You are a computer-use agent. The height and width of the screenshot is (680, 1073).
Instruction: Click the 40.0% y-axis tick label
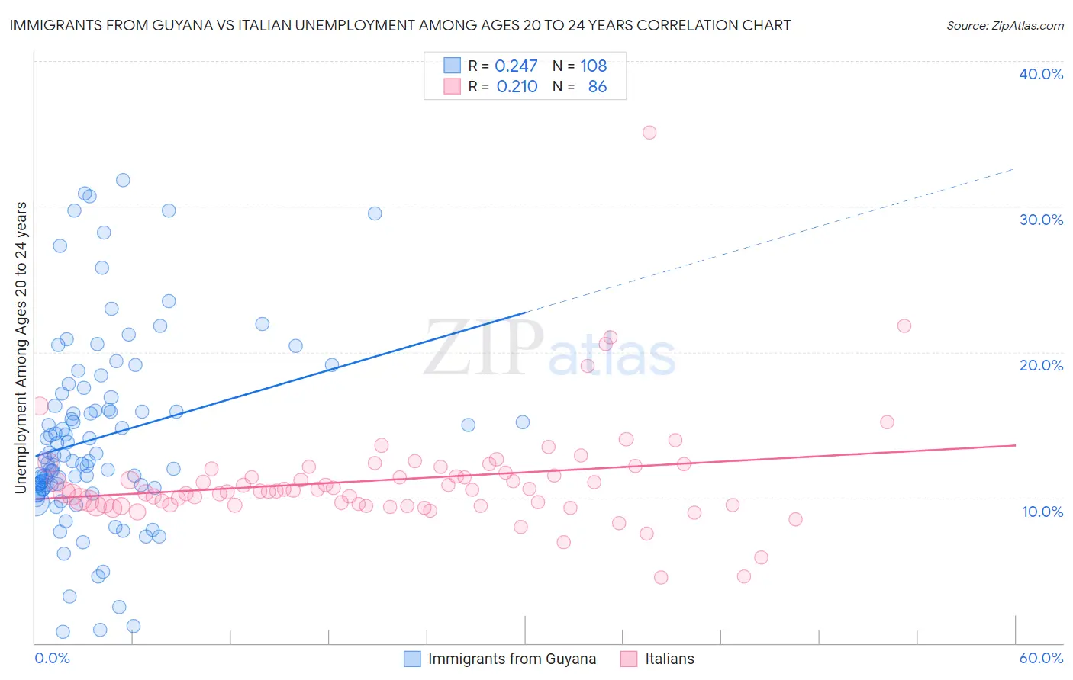coord(1041,74)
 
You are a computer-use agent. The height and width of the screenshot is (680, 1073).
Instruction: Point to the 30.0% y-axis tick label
coord(1041,220)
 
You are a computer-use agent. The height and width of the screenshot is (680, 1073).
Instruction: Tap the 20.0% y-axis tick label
coord(1041,365)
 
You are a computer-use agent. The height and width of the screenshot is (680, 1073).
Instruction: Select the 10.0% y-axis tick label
coord(1042,511)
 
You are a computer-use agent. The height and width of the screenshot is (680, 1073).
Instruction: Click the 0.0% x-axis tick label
coord(52,658)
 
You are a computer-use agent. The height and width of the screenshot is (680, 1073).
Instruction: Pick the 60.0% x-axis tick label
coord(1041,658)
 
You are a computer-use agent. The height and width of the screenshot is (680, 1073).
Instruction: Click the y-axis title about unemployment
coord(21,348)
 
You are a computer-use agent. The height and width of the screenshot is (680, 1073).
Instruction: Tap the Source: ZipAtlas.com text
coord(1004,25)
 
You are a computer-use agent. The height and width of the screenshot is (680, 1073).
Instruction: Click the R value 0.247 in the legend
coord(516,66)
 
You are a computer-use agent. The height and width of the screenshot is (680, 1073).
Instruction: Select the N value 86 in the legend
coord(598,86)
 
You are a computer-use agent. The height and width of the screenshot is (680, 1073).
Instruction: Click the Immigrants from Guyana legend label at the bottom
coord(511,659)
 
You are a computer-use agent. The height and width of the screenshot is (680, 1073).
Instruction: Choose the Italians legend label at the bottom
coord(669,659)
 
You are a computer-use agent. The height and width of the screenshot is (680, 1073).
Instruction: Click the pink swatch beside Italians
coord(629,659)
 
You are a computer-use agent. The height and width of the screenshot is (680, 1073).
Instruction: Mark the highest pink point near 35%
coord(649,132)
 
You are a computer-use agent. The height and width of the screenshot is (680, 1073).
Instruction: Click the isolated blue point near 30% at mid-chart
coord(375,213)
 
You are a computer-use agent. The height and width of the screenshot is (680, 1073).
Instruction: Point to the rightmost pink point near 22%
coord(904,326)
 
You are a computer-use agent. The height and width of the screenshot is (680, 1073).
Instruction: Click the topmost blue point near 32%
coord(123,180)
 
